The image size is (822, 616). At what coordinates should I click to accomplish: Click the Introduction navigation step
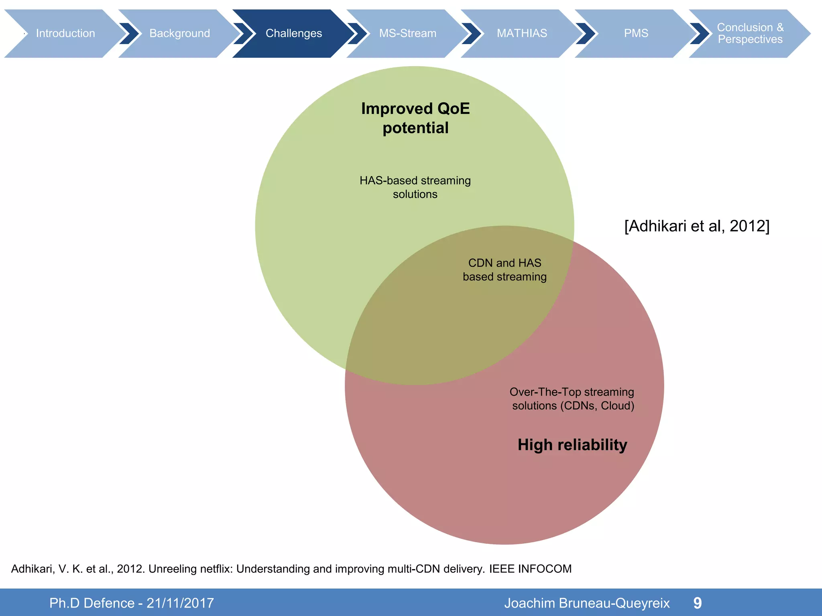point(65,33)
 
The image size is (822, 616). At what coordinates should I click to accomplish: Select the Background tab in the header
point(179,33)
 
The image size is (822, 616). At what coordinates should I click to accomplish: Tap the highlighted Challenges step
point(293,33)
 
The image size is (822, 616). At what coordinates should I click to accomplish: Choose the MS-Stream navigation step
point(407,33)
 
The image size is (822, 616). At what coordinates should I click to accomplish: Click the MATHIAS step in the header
point(522,33)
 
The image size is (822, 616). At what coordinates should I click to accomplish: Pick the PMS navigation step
point(636,33)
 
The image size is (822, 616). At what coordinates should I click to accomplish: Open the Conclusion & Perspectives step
point(750,33)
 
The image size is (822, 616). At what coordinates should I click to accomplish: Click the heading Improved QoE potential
point(415,118)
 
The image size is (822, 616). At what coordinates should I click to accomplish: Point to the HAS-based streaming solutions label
point(415,187)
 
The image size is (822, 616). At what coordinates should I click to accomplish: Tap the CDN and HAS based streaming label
point(505,270)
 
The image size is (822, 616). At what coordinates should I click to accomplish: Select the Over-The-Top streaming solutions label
point(572,399)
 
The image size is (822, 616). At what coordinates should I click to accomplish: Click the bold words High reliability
point(572,445)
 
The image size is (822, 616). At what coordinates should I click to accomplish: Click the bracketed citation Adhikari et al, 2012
point(697,226)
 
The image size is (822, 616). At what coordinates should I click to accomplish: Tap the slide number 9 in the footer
point(698,603)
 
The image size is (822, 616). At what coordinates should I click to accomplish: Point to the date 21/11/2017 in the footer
point(180,603)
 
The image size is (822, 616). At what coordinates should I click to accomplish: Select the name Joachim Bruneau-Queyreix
point(587,603)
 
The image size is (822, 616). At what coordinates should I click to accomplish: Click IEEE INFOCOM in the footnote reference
point(530,569)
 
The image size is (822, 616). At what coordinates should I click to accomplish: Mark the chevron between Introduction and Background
point(129,33)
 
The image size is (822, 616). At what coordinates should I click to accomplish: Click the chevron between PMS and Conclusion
point(700,33)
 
